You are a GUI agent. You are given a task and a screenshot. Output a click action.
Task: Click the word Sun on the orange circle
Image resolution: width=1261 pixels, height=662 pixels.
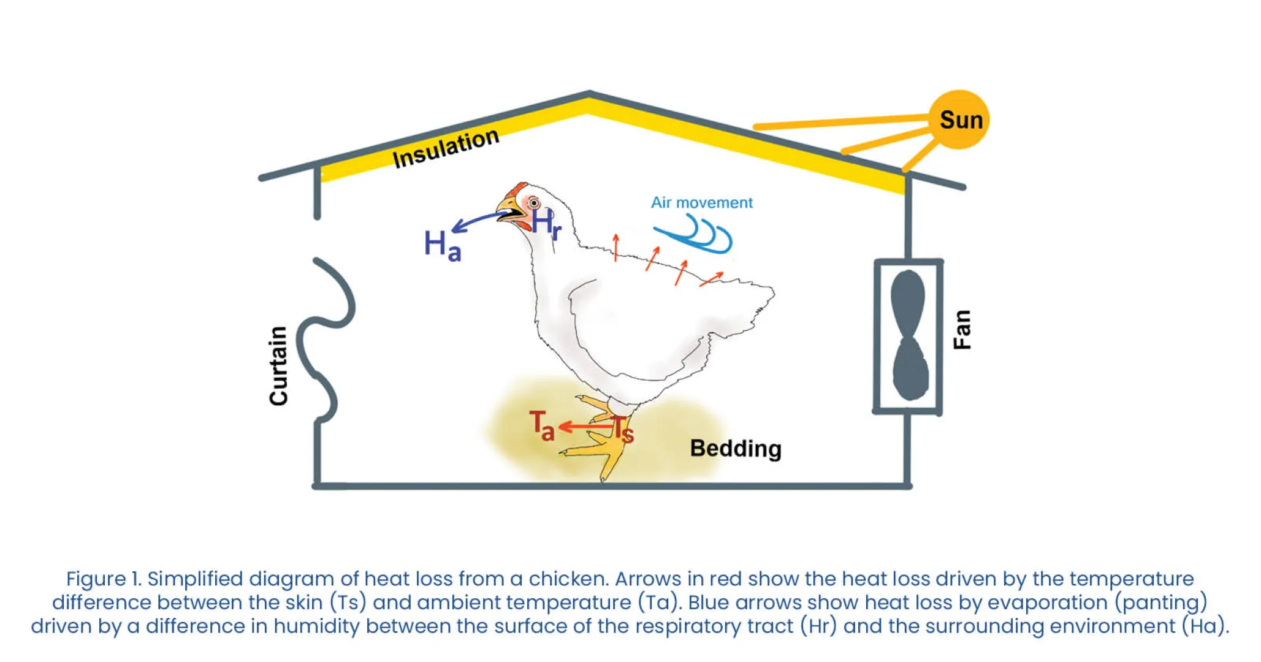(961, 120)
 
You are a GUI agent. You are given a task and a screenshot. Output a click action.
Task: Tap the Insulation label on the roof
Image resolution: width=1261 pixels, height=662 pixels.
(446, 148)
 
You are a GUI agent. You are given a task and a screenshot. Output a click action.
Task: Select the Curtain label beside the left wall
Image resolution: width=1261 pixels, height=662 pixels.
(278, 366)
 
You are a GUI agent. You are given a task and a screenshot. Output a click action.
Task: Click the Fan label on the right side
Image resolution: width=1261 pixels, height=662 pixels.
(962, 330)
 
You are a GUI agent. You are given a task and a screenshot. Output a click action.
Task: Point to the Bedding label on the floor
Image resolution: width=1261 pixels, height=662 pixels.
(735, 449)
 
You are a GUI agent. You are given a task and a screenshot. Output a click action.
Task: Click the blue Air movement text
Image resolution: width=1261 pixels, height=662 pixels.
(701, 203)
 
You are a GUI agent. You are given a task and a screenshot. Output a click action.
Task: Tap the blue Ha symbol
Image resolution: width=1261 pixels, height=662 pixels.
(442, 246)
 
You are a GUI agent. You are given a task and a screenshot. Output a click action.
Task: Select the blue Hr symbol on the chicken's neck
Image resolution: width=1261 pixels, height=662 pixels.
(546, 223)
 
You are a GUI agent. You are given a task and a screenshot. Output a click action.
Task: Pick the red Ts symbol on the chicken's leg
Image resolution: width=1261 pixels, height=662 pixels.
(623, 429)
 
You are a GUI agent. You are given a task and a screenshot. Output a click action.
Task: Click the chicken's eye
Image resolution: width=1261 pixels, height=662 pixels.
(534, 203)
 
